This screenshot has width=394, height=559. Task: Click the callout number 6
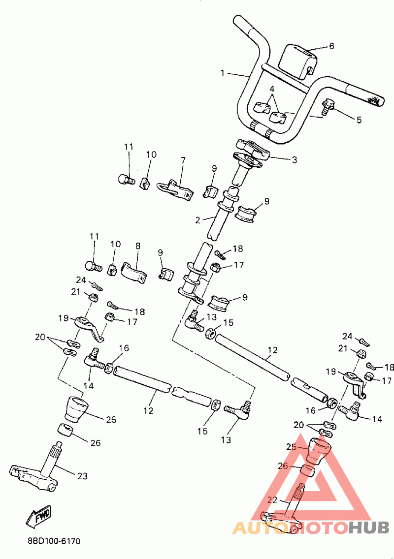[x=331, y=46]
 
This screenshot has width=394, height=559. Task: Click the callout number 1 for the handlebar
[x=223, y=73]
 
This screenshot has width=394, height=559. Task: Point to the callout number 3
[x=294, y=160]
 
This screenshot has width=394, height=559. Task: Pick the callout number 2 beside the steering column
[x=197, y=220]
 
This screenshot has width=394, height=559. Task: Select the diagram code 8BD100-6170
[x=54, y=541]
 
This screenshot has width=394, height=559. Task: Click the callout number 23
[x=82, y=476]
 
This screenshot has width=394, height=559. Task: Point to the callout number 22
[x=272, y=500]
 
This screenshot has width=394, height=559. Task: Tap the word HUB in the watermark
[x=369, y=528]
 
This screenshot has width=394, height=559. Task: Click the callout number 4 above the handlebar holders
[x=272, y=89]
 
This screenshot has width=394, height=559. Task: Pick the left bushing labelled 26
[x=66, y=430]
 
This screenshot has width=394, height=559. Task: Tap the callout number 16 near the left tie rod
[x=124, y=348]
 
